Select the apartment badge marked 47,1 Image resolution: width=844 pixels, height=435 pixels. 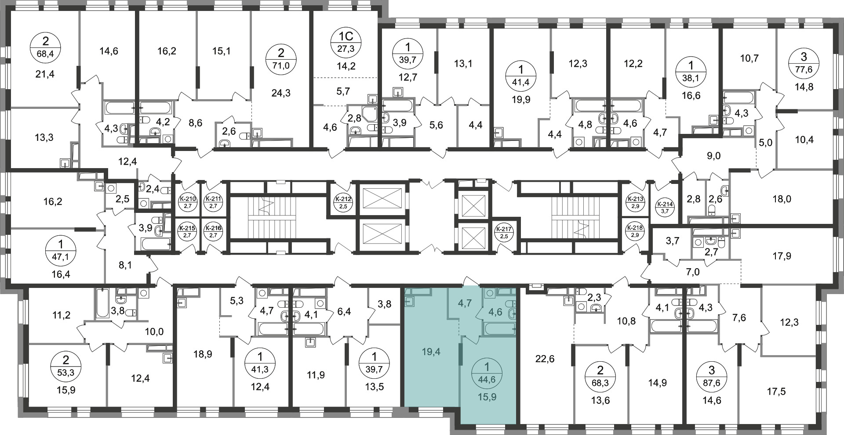tap(60, 249)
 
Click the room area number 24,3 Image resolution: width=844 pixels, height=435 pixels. tap(281, 93)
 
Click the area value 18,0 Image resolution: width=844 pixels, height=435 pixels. tap(782, 199)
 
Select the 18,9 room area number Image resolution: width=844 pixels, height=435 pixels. tap(203, 354)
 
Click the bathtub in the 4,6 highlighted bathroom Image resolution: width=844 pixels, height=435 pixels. tap(499, 328)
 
